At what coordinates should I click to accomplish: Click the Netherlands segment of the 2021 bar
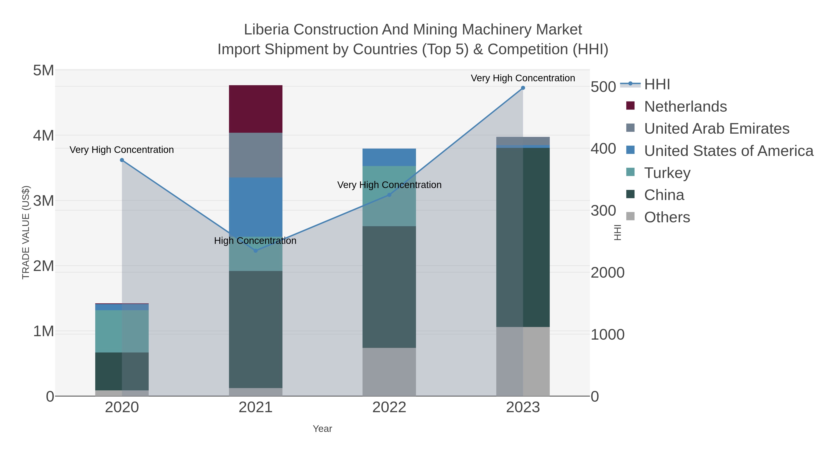256,109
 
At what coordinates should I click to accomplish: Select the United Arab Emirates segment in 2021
256,155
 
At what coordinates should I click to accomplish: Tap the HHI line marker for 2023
523,88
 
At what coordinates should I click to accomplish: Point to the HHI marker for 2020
122,160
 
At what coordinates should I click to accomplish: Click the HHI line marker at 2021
256,251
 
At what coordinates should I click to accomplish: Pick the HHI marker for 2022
389,195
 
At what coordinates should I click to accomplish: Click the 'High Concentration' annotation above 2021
255,241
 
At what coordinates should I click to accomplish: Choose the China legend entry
664,195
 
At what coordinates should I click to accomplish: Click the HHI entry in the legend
657,85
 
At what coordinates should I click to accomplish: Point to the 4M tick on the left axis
44,136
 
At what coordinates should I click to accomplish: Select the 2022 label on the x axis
389,408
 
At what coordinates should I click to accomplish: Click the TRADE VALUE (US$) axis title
26,232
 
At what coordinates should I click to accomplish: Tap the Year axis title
322,429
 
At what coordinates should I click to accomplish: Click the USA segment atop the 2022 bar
389,157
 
